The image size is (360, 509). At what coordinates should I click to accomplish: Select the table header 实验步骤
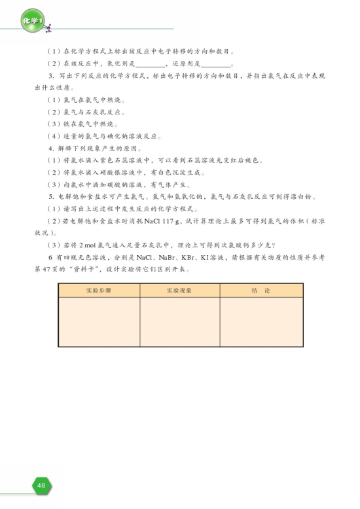(99, 290)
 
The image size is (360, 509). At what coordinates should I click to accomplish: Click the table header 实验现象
(179, 290)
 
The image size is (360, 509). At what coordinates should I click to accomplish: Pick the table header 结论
(261, 290)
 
